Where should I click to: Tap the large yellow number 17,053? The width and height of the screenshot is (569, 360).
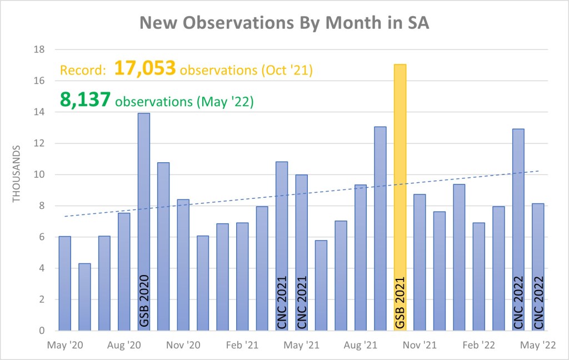(x=146, y=69)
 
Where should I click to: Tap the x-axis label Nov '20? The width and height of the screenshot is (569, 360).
(x=183, y=344)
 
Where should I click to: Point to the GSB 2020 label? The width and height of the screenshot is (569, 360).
(x=143, y=300)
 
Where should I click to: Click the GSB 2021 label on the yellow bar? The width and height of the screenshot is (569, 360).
(x=400, y=300)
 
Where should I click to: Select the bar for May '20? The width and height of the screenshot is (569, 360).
(x=64, y=283)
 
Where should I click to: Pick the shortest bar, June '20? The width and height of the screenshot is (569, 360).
(x=84, y=297)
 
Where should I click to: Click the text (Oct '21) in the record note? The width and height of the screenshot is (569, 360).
(x=292, y=71)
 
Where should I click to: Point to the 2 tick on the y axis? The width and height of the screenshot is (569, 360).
(x=42, y=299)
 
